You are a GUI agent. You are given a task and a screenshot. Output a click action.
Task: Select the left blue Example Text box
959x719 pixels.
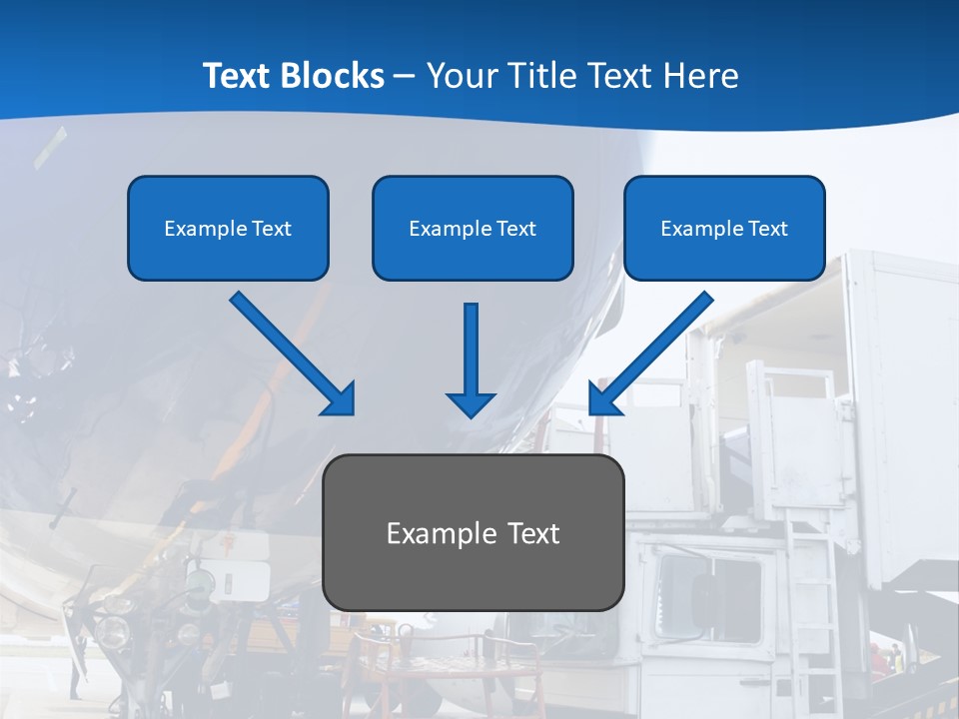point(228,228)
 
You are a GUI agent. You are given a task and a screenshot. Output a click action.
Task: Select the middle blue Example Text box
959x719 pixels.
point(473,228)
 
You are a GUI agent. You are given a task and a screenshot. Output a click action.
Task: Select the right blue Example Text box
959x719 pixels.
point(724,228)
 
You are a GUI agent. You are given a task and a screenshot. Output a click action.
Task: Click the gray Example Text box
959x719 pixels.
point(474,532)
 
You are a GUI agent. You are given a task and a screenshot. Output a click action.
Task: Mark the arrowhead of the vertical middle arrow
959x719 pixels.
point(471,403)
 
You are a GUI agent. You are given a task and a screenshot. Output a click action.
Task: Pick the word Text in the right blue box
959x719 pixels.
point(767,228)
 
